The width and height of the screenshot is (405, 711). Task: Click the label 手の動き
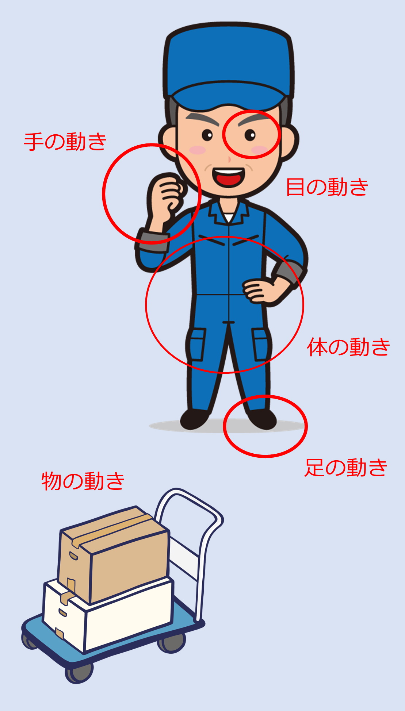pyautogui.click(x=65, y=142)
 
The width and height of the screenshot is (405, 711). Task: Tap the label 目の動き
pyautogui.click(x=327, y=187)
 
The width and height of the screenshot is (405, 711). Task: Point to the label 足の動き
pyautogui.click(x=346, y=468)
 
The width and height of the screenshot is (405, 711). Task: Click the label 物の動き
pyautogui.click(x=83, y=481)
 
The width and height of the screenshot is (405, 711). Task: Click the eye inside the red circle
pyautogui.click(x=250, y=135)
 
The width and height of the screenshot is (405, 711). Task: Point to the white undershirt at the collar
pyautogui.click(x=229, y=218)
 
